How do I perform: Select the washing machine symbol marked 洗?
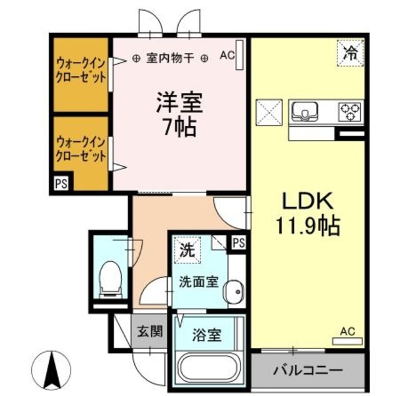186,251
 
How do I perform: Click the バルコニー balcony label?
307,369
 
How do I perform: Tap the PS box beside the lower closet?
61,184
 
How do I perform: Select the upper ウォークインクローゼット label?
81,71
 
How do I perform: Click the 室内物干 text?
170,58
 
